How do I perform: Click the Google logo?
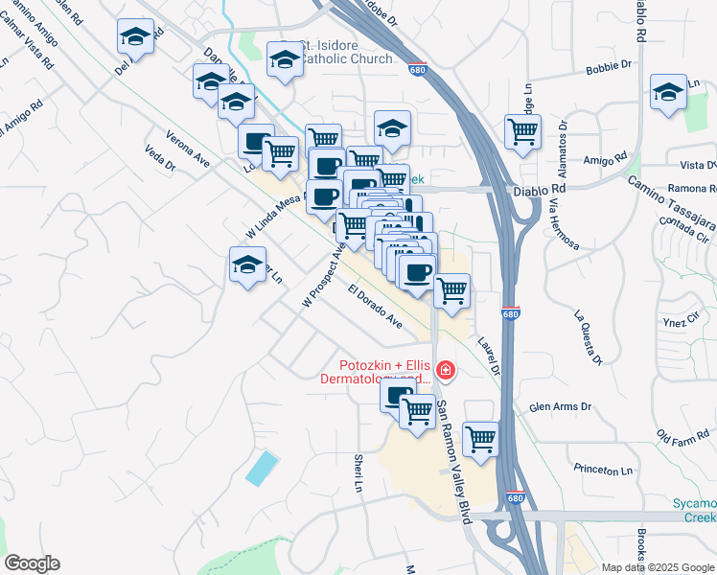click(32, 563)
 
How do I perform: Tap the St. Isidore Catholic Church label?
click(345, 53)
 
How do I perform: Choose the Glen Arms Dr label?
click(560, 407)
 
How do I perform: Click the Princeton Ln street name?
click(604, 471)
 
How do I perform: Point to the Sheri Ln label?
click(360, 474)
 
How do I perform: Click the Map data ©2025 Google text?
click(657, 566)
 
